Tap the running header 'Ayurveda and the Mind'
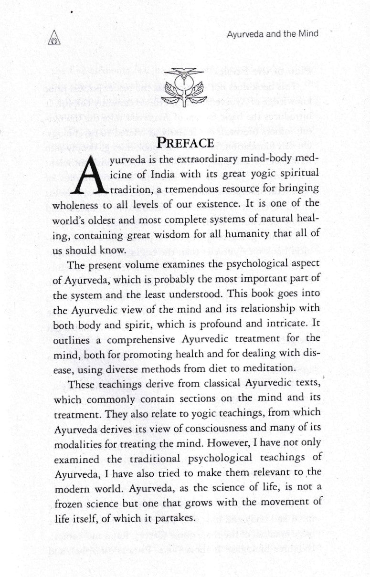point(273,34)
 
